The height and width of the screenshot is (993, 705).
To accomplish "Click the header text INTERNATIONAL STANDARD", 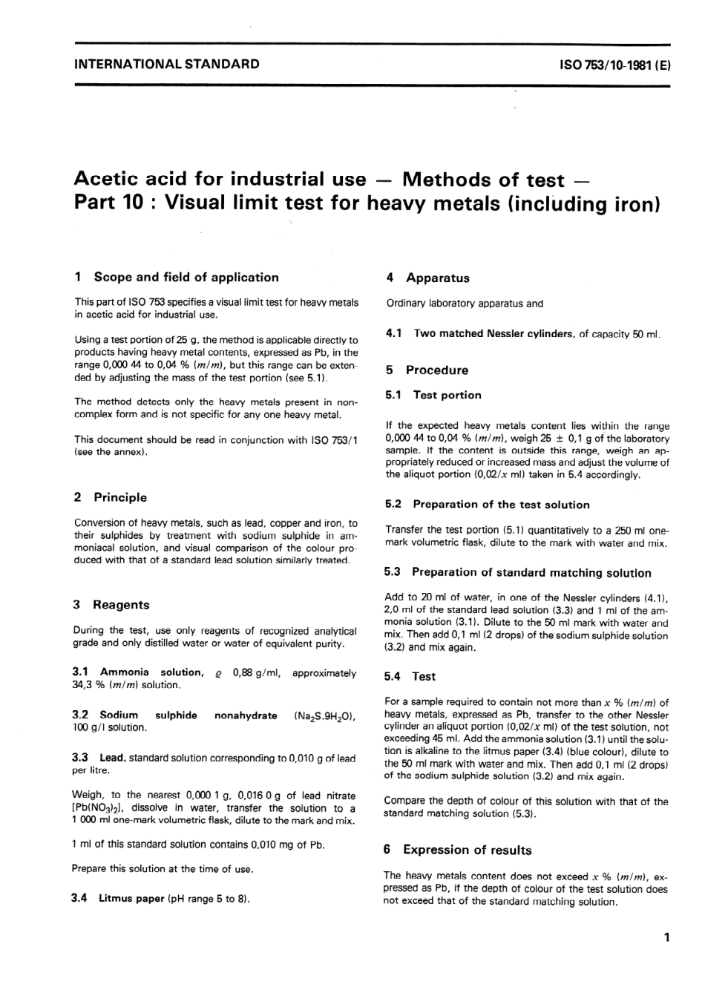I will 167,64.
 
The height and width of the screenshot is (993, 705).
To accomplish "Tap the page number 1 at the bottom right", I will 667,937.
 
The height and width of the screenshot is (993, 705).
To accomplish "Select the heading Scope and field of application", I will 186,278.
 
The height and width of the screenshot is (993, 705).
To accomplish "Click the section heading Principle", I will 120,497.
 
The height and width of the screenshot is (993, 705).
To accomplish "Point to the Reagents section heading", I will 120,605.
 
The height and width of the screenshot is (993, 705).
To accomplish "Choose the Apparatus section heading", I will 437,278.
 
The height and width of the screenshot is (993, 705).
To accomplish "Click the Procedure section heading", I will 436,370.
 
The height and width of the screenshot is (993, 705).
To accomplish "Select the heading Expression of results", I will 467,850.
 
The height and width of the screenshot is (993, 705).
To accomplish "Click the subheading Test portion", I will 447,396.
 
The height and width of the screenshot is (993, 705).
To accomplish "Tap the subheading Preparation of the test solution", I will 501,505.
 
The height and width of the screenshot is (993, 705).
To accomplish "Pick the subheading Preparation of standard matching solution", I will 531,572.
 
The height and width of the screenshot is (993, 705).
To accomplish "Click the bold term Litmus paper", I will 131,899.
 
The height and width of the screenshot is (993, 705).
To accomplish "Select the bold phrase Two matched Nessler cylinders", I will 493,334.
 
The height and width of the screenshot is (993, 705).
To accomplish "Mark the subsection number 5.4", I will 393,677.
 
